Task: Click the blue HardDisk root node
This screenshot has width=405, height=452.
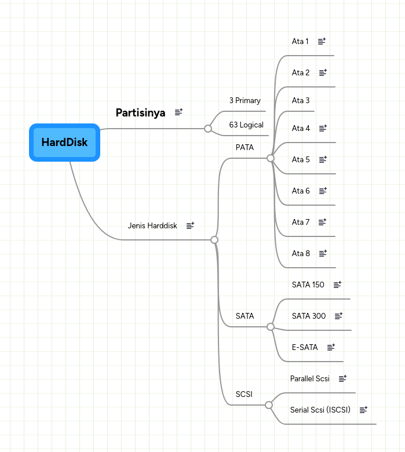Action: click(64, 142)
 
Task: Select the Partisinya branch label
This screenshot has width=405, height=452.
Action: click(140, 112)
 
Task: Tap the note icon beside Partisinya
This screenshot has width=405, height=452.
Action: click(178, 112)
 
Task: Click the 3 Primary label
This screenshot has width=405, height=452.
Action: click(245, 100)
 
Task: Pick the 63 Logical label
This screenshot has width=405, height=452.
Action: click(246, 125)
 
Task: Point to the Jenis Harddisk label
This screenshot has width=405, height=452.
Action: click(152, 225)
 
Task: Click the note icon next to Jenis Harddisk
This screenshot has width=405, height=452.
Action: click(190, 225)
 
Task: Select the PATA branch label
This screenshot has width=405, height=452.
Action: click(245, 147)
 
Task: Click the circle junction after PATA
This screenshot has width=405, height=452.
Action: click(271, 158)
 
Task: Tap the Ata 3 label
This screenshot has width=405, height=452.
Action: click(301, 100)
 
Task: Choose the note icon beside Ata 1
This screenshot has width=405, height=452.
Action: click(322, 41)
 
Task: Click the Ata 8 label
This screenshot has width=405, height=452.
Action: click(301, 253)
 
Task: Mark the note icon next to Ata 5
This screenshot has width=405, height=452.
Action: click(323, 159)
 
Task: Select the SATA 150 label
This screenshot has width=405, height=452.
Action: click(308, 285)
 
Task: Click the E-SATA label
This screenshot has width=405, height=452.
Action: click(305, 347)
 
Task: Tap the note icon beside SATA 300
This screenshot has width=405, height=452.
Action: click(339, 316)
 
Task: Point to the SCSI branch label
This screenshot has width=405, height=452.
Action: click(244, 394)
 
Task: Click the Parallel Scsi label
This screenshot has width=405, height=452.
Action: click(310, 378)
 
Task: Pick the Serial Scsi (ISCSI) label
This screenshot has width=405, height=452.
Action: click(320, 410)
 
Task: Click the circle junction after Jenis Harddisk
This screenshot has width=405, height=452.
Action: click(214, 239)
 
